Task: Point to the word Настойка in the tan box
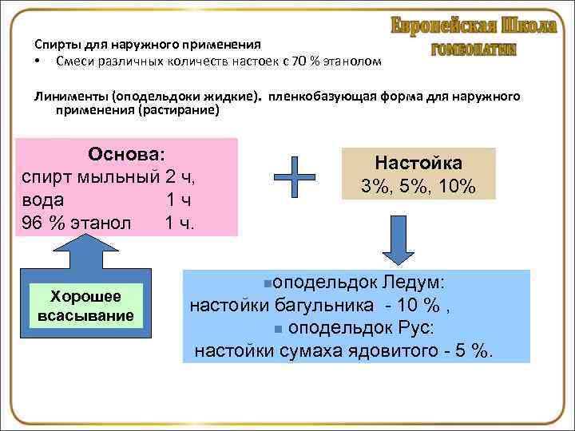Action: coord(418,164)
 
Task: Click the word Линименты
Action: coord(69,97)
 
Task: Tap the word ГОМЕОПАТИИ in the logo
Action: coord(474,49)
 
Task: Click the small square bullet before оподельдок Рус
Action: coord(277,328)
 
